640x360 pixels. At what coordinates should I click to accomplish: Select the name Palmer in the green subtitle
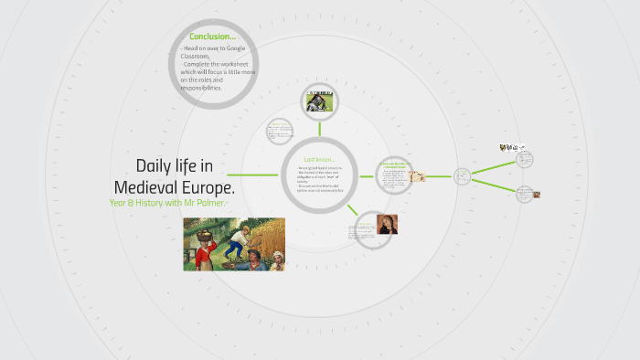click(x=204, y=202)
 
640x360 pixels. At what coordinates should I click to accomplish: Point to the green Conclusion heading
click(x=212, y=37)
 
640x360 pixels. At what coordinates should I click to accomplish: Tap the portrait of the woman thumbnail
click(x=387, y=224)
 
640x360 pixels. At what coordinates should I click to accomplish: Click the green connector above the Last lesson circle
click(x=317, y=127)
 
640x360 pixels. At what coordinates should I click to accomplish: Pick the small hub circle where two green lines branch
click(x=462, y=175)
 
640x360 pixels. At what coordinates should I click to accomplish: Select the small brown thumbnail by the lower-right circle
click(x=537, y=194)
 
